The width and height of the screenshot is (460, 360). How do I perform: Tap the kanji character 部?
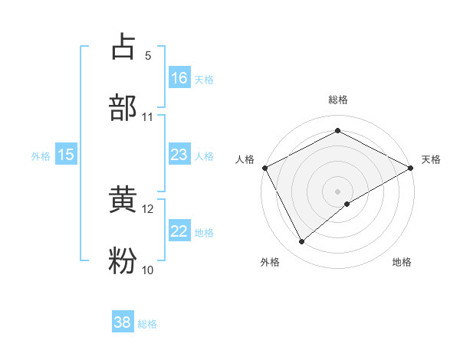click(123, 107)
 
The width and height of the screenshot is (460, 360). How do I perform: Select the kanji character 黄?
click(123, 201)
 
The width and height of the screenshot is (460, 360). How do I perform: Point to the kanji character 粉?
click(123, 261)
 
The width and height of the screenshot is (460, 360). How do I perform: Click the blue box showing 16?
click(179, 77)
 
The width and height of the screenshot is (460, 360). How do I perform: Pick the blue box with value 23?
click(179, 155)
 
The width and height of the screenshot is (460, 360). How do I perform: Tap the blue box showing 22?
click(179, 231)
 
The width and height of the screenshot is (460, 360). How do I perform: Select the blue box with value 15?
click(66, 155)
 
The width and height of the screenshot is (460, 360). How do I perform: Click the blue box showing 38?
click(123, 322)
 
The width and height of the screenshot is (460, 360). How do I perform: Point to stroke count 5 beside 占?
click(147, 56)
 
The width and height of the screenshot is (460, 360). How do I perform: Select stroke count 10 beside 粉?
click(148, 270)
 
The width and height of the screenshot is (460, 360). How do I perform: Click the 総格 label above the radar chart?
click(338, 100)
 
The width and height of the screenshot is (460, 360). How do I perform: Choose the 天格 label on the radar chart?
click(431, 159)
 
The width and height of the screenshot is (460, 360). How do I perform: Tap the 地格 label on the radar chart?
click(402, 262)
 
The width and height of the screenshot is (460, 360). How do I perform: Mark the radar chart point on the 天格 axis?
click(411, 167)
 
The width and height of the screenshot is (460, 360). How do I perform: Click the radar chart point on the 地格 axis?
click(347, 204)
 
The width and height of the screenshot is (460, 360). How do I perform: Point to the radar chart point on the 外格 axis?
click(302, 241)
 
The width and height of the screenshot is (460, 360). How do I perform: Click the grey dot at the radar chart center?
click(338, 191)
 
